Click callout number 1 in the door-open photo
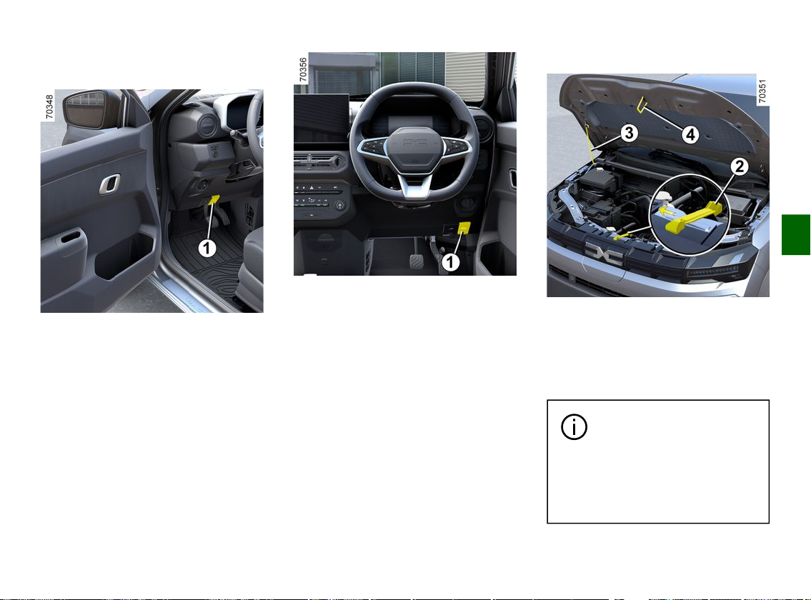pos(207,249)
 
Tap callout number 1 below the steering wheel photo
pos(450,262)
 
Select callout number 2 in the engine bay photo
pos(740,166)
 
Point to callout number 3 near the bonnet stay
pos(628,133)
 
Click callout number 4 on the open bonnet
pos(690,135)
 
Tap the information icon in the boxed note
pos(574,427)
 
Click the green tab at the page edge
pos(796,234)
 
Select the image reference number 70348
pos(49,106)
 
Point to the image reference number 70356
pos(303,70)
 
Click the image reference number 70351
pos(762,91)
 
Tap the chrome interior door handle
pos(109,184)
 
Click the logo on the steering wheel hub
pos(415,141)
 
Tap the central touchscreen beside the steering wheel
pos(322,119)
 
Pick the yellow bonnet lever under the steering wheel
pos(464,228)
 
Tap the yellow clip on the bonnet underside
pos(642,105)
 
